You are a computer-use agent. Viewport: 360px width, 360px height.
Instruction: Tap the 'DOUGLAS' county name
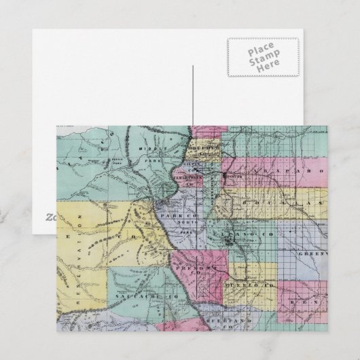[283, 202]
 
